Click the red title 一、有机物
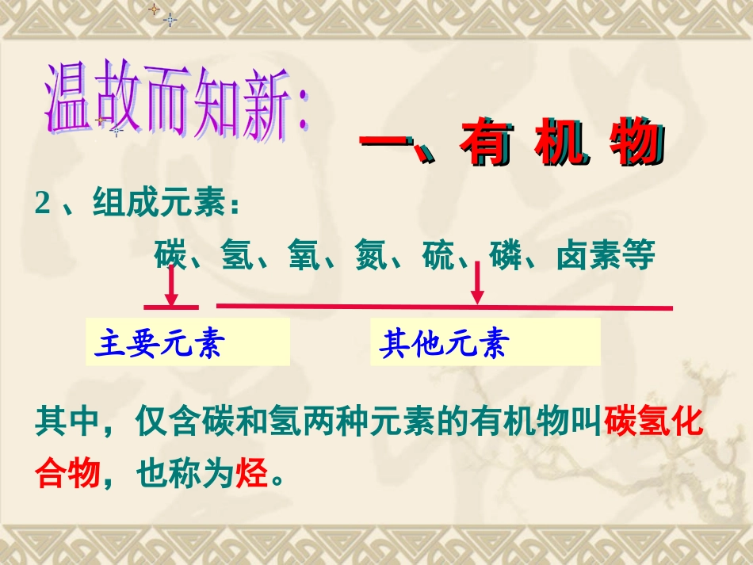click(x=510, y=145)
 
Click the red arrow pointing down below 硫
click(x=477, y=284)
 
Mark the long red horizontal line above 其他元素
click(x=444, y=307)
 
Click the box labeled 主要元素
click(x=188, y=344)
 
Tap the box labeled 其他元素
click(x=485, y=344)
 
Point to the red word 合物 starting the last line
click(x=67, y=474)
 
